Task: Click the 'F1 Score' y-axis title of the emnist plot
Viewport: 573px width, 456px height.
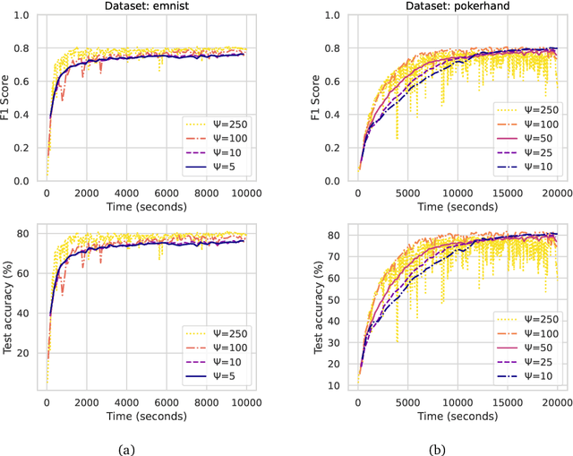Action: tap(7, 99)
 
